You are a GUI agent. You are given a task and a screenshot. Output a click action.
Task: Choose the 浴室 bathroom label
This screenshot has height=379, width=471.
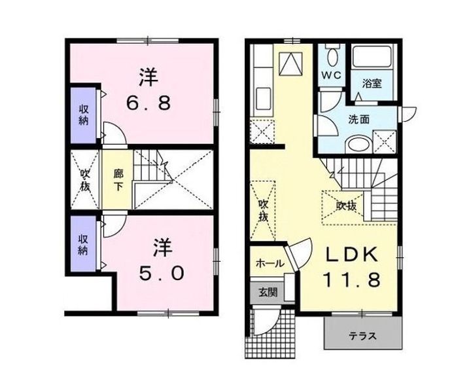coord(373,84)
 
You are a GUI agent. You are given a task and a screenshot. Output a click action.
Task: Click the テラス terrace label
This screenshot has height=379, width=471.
coord(362,336)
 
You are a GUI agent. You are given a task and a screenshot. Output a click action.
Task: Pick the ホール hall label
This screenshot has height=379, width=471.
coord(269,264)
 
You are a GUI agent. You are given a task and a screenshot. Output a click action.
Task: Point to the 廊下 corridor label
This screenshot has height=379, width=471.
coord(118,180)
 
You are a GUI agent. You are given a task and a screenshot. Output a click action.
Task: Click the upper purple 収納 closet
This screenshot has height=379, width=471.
coord(84,115)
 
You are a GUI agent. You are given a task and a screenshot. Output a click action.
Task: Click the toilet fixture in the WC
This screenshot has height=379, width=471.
coord(332,56)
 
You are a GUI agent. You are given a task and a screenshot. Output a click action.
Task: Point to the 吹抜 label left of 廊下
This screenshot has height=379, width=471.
coord(85,179)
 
